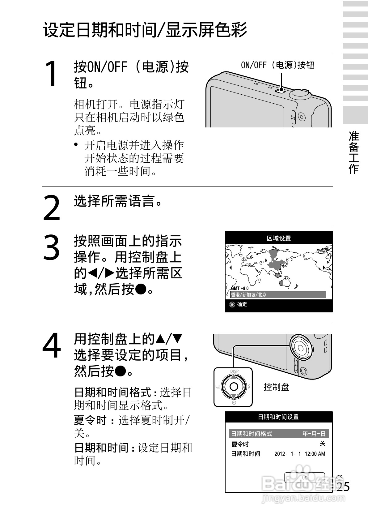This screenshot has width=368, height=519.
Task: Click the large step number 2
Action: (x=51, y=208)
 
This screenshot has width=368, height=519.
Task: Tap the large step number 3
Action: (x=51, y=247)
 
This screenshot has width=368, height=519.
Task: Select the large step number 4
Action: (x=52, y=345)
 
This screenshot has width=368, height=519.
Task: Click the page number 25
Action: (x=343, y=487)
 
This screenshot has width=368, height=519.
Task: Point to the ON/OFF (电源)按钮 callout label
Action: (x=277, y=65)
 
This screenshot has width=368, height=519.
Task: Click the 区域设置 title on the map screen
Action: (x=279, y=238)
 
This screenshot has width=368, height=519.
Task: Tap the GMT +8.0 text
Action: (x=240, y=288)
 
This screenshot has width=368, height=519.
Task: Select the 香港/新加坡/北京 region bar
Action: (x=278, y=295)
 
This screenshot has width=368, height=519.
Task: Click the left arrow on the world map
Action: (x=230, y=268)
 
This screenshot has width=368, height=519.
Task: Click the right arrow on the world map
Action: (x=324, y=268)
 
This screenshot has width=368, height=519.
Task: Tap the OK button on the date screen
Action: (x=305, y=478)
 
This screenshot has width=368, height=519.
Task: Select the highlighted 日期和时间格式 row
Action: (x=278, y=434)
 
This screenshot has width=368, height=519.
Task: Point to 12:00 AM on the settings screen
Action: (x=315, y=454)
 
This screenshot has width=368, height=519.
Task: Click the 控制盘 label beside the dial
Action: (x=276, y=387)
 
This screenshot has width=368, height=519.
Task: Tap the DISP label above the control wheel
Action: (x=234, y=371)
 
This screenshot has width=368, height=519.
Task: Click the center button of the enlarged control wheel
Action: (x=234, y=387)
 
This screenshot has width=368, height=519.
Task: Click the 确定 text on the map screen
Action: (x=242, y=304)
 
